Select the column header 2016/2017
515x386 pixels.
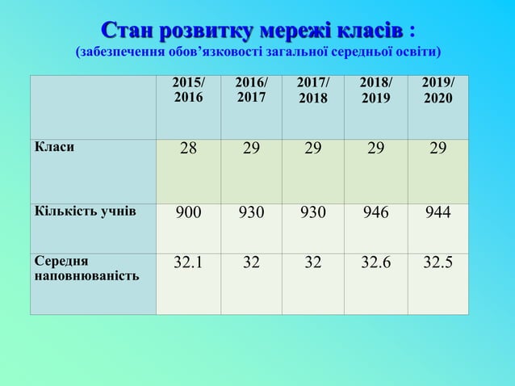pos(250,90)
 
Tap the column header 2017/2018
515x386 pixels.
pos(312,90)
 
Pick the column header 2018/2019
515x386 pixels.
pos(375,90)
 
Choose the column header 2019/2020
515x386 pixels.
pos(438,90)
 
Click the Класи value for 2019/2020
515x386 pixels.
pos(438,151)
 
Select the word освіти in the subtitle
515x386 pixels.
pos(416,53)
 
